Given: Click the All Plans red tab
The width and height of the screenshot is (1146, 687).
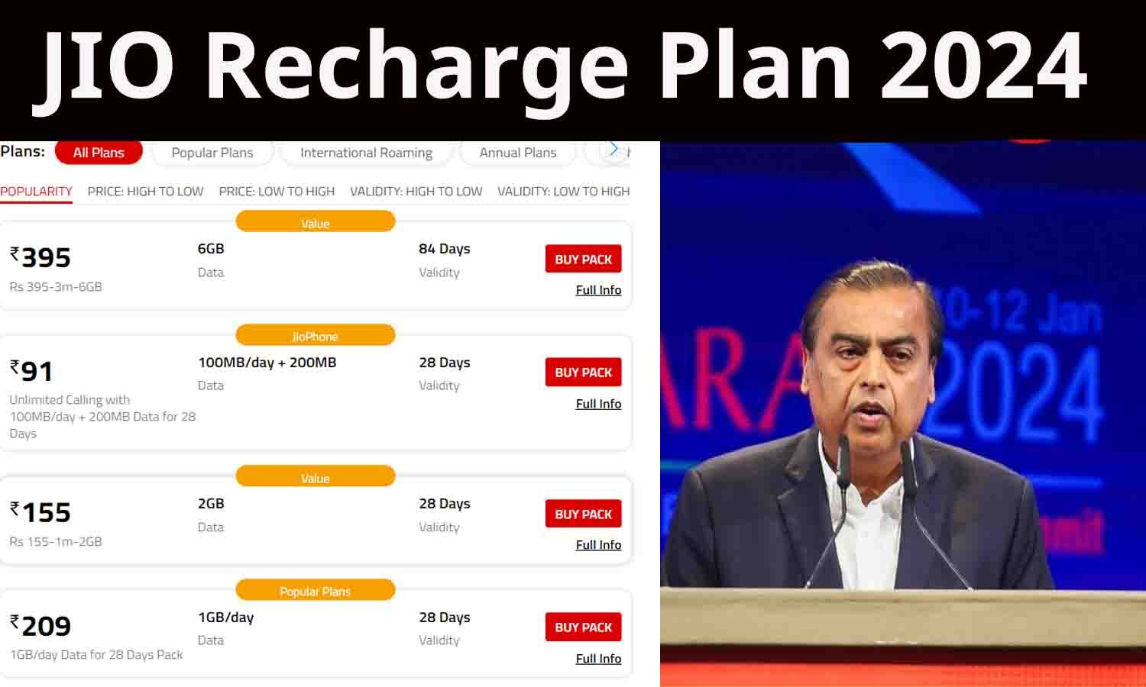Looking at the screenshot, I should [99, 153].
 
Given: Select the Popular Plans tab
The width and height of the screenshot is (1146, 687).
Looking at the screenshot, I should [212, 153].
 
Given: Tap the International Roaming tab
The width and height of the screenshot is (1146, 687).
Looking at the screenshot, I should [366, 153].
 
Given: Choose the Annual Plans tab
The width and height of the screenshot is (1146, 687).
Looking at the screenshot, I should [518, 153].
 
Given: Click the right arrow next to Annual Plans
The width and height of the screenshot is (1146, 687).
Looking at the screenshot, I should [613, 150].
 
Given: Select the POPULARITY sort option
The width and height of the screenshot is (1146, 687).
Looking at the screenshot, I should [36, 192].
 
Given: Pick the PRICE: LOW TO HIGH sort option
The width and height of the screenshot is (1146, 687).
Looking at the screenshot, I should [277, 192].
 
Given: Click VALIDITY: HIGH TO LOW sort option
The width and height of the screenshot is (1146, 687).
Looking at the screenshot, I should [416, 192].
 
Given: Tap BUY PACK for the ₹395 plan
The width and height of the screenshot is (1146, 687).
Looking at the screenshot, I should [583, 260].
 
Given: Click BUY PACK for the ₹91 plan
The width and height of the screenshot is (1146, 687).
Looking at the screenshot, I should [583, 373].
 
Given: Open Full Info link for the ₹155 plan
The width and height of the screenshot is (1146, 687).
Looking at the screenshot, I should [598, 545].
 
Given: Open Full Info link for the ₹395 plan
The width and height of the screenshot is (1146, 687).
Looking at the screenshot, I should [598, 290].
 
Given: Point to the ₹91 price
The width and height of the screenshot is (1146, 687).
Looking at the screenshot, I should [31, 371].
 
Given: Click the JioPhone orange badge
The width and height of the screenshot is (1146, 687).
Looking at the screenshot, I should [315, 337].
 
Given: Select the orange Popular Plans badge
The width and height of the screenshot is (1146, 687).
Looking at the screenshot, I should [315, 592].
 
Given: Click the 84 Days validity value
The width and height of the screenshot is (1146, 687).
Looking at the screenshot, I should [444, 249].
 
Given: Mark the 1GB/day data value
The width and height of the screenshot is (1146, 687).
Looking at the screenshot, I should [225, 618].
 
